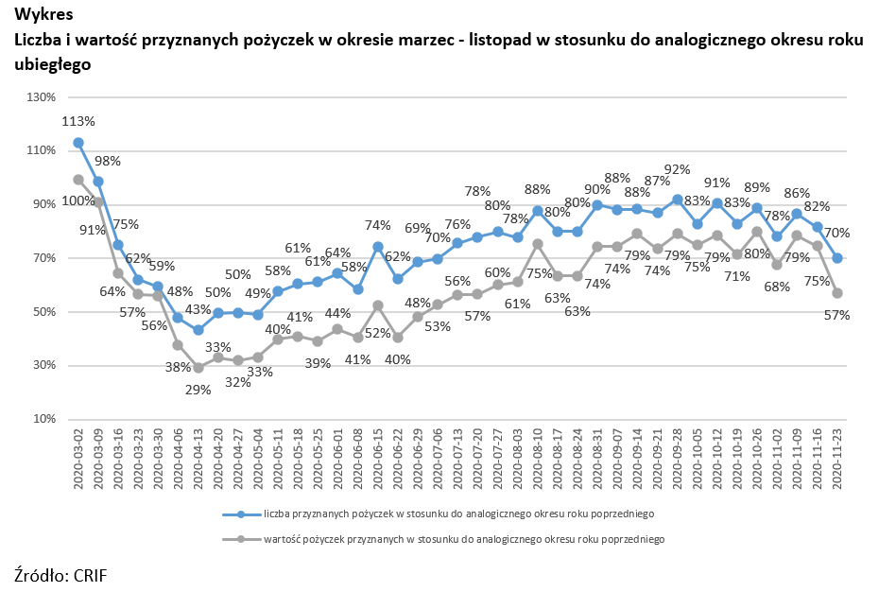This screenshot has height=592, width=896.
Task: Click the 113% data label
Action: coord(78,121)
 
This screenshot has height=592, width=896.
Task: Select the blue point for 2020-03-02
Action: coord(78,143)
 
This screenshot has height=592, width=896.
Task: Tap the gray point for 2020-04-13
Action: coord(198,368)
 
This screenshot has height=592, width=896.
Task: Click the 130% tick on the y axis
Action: coord(42,96)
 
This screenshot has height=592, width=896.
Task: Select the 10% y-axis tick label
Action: coord(44,419)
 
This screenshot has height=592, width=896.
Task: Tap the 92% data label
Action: coord(678,170)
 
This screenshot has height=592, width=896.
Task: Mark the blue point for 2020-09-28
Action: coord(678,200)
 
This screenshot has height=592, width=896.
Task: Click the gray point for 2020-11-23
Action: coord(836,293)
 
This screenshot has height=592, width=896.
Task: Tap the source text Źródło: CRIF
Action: coord(55,574)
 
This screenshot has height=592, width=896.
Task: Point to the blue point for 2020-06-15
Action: coord(377,247)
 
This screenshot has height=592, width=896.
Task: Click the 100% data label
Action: coord(78,200)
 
